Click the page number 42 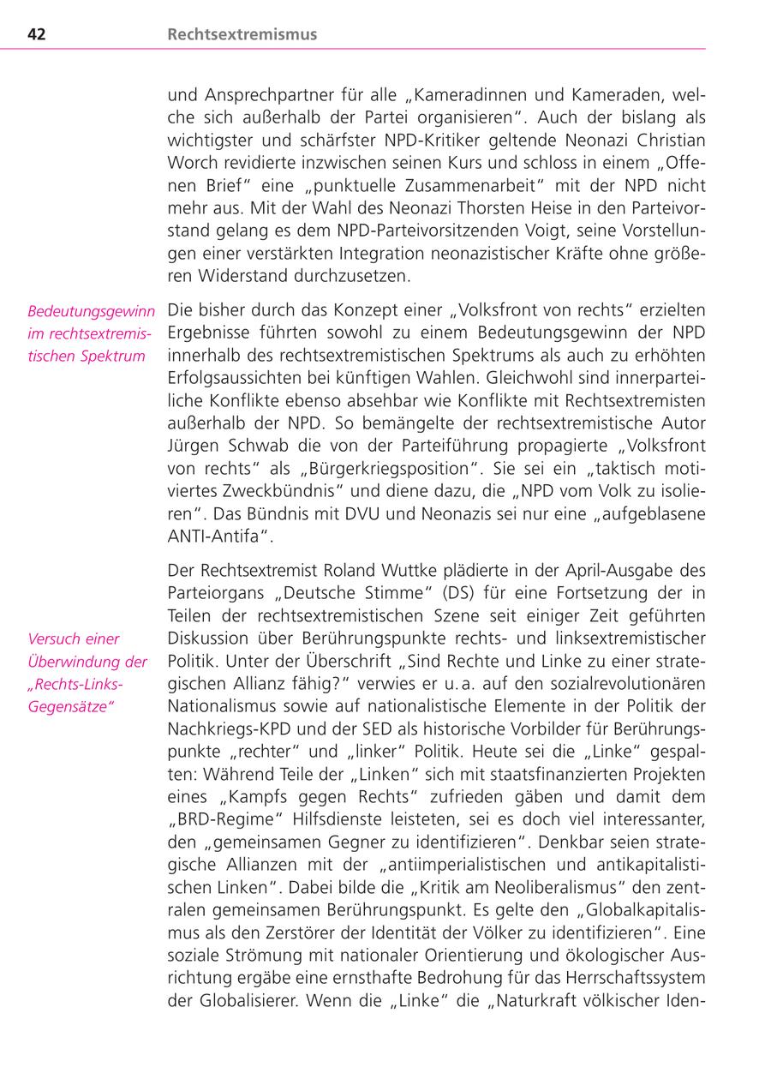[x=36, y=34]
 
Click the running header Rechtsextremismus [x=242, y=34]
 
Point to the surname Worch [x=191, y=163]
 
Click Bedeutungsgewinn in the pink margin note [x=91, y=311]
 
